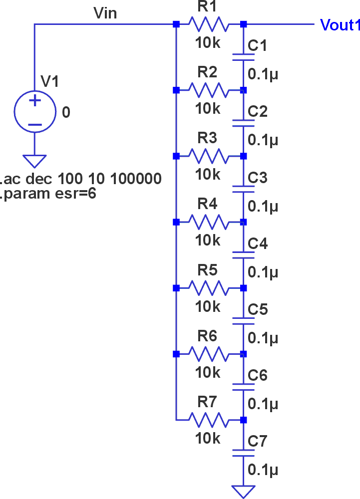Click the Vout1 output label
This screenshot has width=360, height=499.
click(340, 25)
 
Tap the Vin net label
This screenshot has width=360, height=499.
click(105, 13)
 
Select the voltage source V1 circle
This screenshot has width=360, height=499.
click(35, 111)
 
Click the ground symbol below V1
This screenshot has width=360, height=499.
click(34, 161)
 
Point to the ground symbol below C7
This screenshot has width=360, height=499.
click(244, 492)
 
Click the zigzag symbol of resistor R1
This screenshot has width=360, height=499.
click(209, 24)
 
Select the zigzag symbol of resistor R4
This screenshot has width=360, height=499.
click(209, 222)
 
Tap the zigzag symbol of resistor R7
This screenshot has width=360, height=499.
click(209, 420)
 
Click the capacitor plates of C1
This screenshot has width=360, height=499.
click(244, 57)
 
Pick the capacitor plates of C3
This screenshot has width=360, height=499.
click(244, 189)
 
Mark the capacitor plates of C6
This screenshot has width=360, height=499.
click(244, 387)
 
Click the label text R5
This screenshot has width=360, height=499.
click(207, 270)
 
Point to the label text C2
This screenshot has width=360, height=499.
click(258, 111)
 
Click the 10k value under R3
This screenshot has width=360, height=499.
click(208, 174)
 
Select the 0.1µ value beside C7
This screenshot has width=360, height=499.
click(263, 470)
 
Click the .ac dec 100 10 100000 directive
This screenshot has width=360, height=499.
click(80, 179)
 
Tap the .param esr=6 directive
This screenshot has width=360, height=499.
click(48, 194)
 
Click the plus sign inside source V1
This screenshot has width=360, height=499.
click(35, 101)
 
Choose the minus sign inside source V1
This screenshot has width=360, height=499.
click(35, 124)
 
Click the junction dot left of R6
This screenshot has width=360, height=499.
click(176, 354)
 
